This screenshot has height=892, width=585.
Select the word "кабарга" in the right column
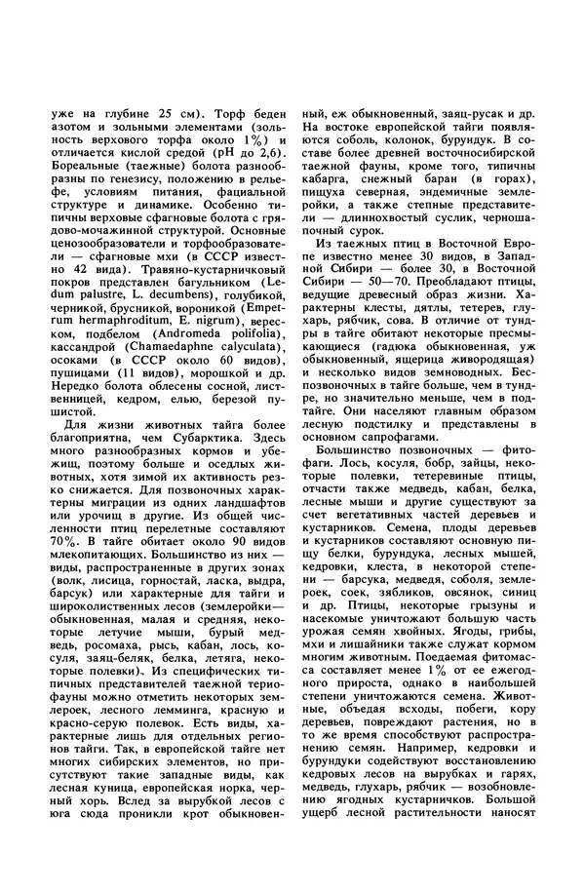click(331, 181)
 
